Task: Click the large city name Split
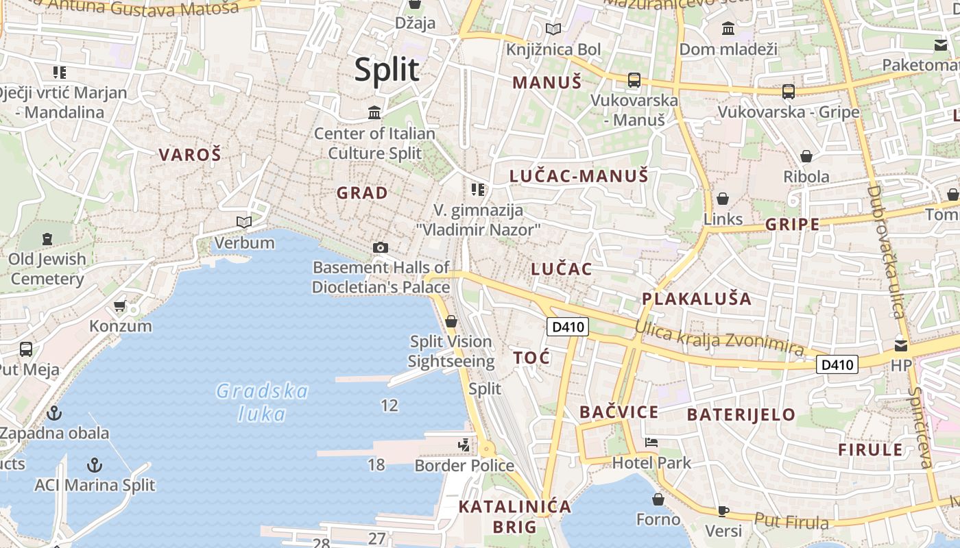point(386,70)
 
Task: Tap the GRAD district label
point(362,193)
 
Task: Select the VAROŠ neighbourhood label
point(190,155)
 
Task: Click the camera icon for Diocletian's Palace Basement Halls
point(380,247)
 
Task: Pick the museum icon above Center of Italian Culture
point(374,112)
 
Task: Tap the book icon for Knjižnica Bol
point(553,29)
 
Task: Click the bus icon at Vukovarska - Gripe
point(789,92)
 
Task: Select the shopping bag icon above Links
point(723,199)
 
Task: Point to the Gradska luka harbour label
point(262,402)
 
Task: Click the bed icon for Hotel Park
point(651,443)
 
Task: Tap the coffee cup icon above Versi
point(723,510)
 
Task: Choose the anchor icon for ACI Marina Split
point(95,466)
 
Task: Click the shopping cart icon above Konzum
point(120,306)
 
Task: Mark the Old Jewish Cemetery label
point(48,269)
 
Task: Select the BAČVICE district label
point(619,412)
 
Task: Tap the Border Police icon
point(464,445)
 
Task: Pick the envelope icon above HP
point(901,346)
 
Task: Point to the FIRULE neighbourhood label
point(870,450)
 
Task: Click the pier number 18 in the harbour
point(376,465)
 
